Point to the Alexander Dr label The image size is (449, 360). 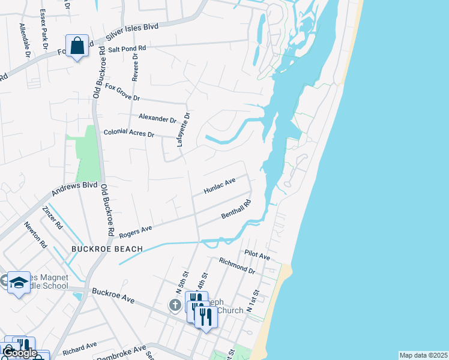(x=157, y=119)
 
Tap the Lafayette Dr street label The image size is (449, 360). (x=183, y=130)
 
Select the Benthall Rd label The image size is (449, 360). (x=236, y=209)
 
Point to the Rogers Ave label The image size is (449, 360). (x=136, y=231)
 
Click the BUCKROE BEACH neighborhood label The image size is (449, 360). (x=107, y=248)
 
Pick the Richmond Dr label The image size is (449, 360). (x=238, y=266)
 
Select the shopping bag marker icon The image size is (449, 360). (x=77, y=46)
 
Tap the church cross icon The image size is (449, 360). (x=175, y=306)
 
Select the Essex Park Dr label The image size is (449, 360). (x=44, y=29)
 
